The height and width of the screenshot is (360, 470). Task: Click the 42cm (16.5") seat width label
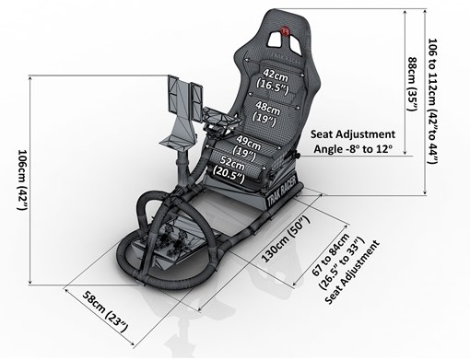click(274, 78)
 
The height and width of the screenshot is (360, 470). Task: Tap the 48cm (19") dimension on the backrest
click(275, 114)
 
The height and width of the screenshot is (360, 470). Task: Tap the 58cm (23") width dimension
click(103, 309)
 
